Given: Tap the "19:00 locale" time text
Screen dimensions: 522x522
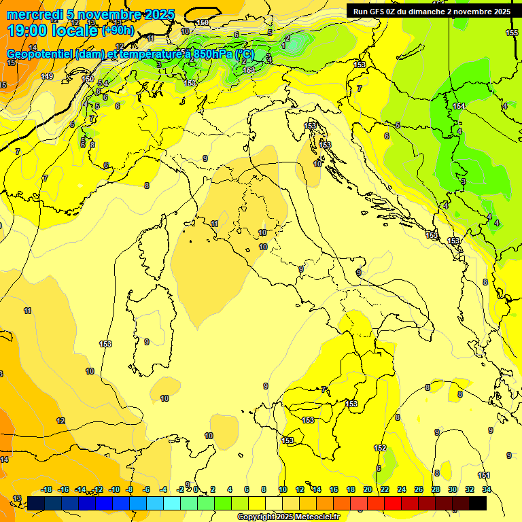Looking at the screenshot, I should point(52,30).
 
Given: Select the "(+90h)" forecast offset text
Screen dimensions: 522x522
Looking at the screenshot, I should point(118,31).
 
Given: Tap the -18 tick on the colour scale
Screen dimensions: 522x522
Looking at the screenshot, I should point(47,489).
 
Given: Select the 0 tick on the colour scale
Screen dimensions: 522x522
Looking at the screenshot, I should point(195,489).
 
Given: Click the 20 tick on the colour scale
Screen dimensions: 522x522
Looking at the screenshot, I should point(367,489).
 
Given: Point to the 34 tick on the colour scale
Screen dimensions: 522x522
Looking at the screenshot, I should point(487,489).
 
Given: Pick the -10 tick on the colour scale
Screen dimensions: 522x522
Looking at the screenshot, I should point(114,489).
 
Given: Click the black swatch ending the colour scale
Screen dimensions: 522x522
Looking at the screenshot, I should point(478,503).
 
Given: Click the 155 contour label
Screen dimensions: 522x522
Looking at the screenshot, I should point(512,33).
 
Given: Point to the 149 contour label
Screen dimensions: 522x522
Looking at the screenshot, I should point(47,76).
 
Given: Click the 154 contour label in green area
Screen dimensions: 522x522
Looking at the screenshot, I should point(459,106).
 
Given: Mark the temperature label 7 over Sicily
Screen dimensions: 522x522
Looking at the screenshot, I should point(324,389).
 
